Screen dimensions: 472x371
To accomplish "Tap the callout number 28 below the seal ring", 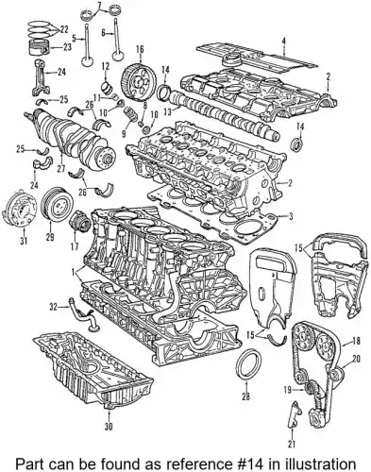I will pos(245,397).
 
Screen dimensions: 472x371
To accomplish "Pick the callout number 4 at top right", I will pos(284,39).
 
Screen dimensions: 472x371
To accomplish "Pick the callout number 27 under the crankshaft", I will pos(61,172).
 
